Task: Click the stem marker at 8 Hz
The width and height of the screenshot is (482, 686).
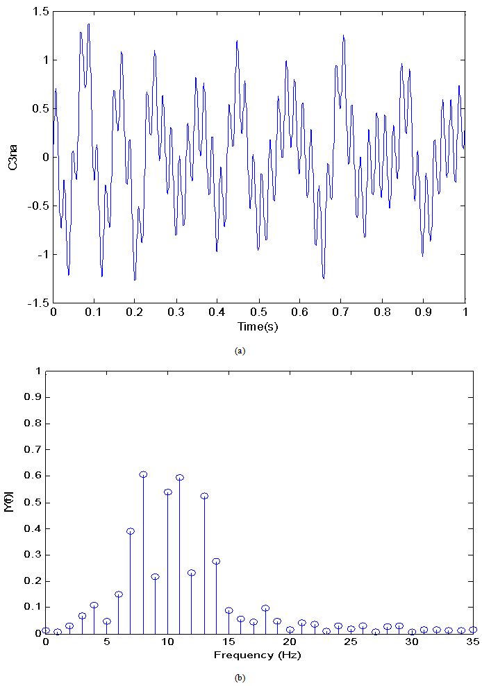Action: [143, 474]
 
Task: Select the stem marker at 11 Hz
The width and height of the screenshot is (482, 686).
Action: [180, 477]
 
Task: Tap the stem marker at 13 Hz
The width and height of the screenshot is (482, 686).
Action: [204, 496]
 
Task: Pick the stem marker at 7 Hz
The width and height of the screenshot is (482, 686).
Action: [131, 531]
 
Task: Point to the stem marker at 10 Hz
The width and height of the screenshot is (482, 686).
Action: [167, 492]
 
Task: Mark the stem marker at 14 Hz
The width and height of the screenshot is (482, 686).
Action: [216, 561]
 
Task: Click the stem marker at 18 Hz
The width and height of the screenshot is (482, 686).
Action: [265, 608]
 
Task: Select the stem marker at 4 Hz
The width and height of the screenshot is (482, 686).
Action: [94, 605]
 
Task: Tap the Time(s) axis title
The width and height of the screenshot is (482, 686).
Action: [258, 326]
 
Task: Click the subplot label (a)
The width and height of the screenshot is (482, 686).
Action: [240, 351]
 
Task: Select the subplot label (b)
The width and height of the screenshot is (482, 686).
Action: [240, 678]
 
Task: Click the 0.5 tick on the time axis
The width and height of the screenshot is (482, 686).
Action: [259, 312]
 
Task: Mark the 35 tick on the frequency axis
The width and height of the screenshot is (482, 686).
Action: [473, 642]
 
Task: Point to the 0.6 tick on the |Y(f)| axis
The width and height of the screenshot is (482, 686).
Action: [33, 476]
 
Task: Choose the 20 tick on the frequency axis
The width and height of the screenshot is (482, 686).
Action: [290, 642]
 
